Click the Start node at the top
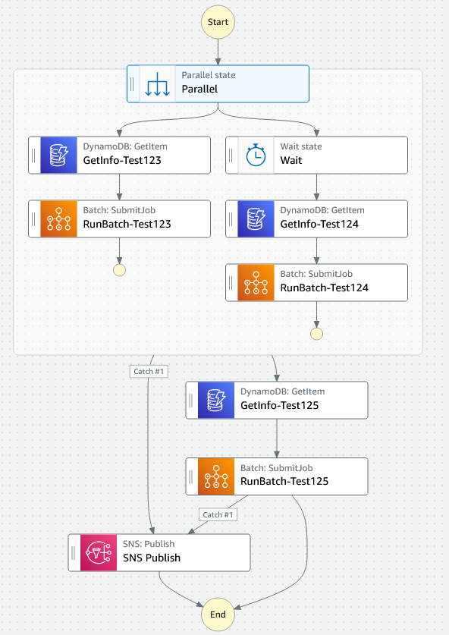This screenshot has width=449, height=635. click(218, 22)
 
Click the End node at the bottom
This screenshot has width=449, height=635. click(218, 615)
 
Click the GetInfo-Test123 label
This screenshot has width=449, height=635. click(121, 160)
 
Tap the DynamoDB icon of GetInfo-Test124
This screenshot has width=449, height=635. click(256, 218)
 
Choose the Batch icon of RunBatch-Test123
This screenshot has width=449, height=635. click(59, 218)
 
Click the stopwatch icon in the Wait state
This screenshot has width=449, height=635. click(256, 155)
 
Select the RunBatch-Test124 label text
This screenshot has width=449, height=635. click(324, 288)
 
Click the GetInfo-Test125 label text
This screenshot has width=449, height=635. click(279, 405)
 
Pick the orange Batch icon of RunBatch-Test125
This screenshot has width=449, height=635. click(217, 476)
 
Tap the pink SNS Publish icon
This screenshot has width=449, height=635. click(99, 552)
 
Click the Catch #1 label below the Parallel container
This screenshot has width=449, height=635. click(149, 371)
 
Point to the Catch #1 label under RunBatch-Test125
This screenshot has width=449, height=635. click(218, 514)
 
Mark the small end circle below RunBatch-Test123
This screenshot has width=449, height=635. click(119, 270)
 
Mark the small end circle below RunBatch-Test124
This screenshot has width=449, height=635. click(316, 334)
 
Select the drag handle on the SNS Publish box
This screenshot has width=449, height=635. click(74, 552)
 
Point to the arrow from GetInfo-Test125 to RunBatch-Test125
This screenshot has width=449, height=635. click(277, 438)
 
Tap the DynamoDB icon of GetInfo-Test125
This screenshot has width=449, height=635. click(217, 400)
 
